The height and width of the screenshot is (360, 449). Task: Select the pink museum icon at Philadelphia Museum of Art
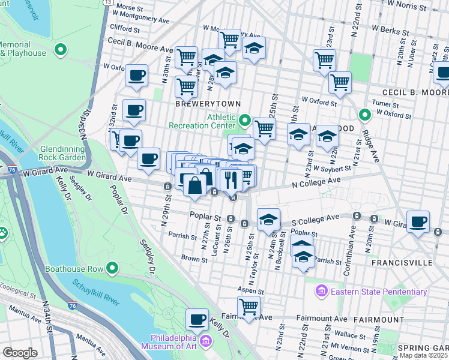(206, 341)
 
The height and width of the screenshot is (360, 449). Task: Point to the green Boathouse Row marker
(112, 268)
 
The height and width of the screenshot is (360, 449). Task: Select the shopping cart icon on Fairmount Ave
(249, 307)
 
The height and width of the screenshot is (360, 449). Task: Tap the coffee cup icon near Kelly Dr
(197, 319)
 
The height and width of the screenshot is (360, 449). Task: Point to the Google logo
(19, 353)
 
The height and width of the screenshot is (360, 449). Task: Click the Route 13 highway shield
(107, 2)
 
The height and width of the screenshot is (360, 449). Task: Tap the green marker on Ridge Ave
(364, 115)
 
